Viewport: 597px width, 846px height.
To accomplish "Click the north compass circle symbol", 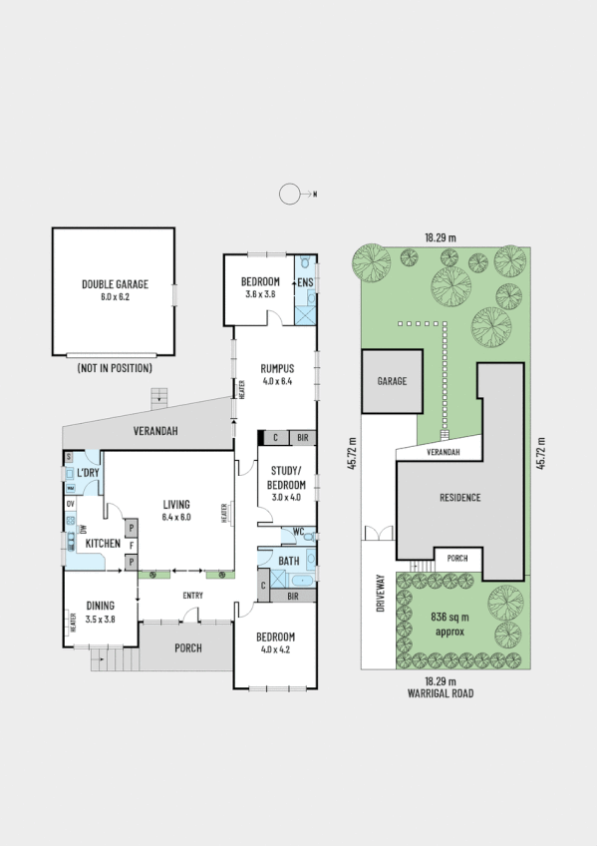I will pyautogui.click(x=289, y=195).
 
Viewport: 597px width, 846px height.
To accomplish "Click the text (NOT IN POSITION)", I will pyautogui.click(x=116, y=368).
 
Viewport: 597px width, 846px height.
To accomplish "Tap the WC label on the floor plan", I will pyautogui.click(x=298, y=533).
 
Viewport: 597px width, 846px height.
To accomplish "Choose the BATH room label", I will pyautogui.click(x=288, y=561).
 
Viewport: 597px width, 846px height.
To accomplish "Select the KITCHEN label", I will pyautogui.click(x=103, y=544).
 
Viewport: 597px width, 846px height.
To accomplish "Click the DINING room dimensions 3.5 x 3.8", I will pyautogui.click(x=100, y=619).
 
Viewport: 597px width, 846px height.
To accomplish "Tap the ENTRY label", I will pyautogui.click(x=192, y=597).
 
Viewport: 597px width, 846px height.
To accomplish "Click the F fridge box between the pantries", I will pyautogui.click(x=131, y=544).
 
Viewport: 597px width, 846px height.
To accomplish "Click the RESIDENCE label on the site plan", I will pyautogui.click(x=459, y=497).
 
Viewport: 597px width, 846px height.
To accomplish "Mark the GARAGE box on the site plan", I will pyautogui.click(x=390, y=380).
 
